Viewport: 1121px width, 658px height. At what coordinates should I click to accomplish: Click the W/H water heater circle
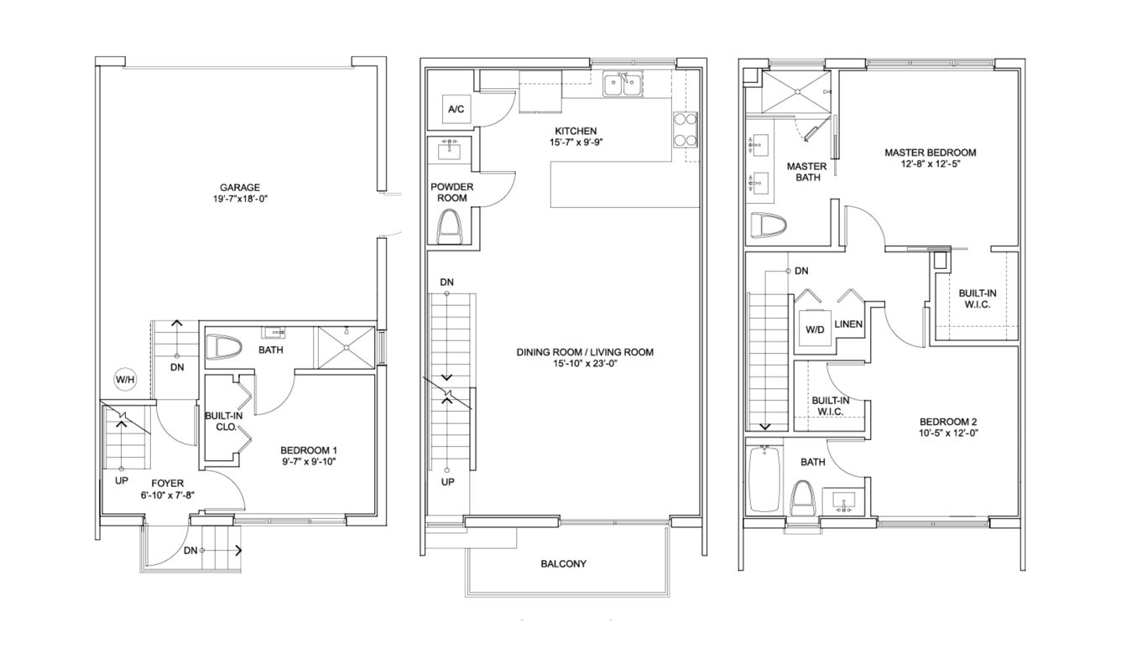(125, 380)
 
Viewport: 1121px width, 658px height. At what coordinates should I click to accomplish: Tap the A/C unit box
(456, 109)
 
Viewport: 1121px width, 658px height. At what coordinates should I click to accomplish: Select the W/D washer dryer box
(816, 328)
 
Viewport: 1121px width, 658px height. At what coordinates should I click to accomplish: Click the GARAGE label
(240, 188)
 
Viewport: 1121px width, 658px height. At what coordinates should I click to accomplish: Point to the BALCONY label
(564, 564)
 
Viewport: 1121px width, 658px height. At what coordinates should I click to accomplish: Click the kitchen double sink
(623, 84)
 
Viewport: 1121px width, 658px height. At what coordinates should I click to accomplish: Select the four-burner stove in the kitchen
(686, 129)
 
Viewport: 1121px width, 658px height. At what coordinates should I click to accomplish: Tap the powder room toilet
(449, 227)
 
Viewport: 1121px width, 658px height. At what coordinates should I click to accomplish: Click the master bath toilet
(767, 225)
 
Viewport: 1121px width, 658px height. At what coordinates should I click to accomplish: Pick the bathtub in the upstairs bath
(765, 479)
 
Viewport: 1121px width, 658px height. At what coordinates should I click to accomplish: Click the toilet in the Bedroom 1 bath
(224, 346)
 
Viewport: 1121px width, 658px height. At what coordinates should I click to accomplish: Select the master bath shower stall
(795, 92)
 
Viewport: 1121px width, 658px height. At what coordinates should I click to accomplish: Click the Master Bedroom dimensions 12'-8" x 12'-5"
(931, 164)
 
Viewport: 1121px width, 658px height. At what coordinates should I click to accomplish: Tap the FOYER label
(168, 484)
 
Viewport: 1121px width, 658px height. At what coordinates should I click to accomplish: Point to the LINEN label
(848, 324)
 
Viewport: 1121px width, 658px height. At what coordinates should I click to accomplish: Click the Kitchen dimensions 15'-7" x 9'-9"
(576, 142)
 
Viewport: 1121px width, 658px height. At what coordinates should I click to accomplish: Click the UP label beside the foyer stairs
(122, 480)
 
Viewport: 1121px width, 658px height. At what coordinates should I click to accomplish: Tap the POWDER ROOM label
(452, 193)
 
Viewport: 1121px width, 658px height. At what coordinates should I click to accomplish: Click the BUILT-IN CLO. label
(224, 422)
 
